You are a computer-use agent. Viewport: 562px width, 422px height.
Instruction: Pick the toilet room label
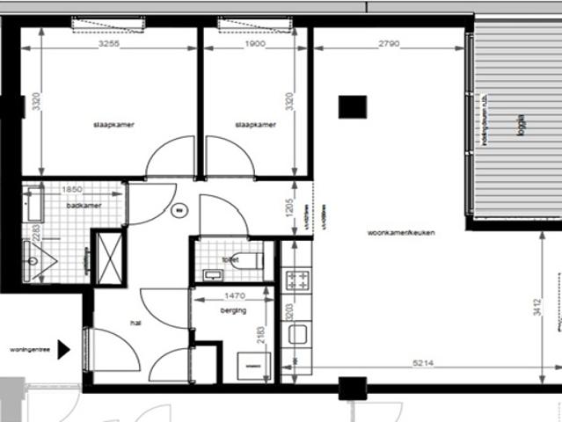(231, 259)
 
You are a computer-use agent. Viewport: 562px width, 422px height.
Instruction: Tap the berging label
(232, 311)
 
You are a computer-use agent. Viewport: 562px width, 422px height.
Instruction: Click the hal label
(136, 323)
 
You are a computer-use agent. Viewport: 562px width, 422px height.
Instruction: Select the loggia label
(522, 121)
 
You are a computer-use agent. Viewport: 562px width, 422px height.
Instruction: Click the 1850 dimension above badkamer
(72, 190)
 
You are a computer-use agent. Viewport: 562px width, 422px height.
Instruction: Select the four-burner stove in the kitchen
(297, 280)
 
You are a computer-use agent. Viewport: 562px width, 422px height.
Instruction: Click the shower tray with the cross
(109, 256)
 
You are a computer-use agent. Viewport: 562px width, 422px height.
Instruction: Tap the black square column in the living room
(352, 106)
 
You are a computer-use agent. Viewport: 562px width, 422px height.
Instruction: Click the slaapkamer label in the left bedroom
(109, 125)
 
